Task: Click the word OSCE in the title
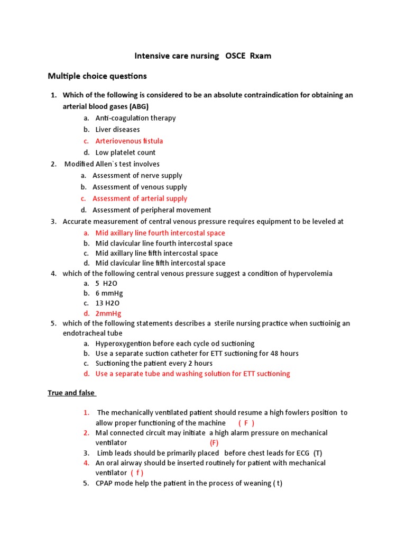point(230,56)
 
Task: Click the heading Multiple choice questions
point(97,76)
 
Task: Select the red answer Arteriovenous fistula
point(129,141)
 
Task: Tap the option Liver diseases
point(117,130)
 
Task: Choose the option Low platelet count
point(125,153)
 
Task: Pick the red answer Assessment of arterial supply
point(140,199)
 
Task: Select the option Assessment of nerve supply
point(137,176)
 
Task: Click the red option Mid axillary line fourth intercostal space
point(160,233)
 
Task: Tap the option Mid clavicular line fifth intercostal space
point(160,263)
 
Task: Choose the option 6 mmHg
point(109,293)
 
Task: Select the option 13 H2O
point(107,303)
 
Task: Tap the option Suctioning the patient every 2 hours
point(154,364)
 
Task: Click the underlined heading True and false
point(71,393)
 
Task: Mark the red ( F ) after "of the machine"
point(246,423)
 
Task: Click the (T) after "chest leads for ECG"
point(318,453)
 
